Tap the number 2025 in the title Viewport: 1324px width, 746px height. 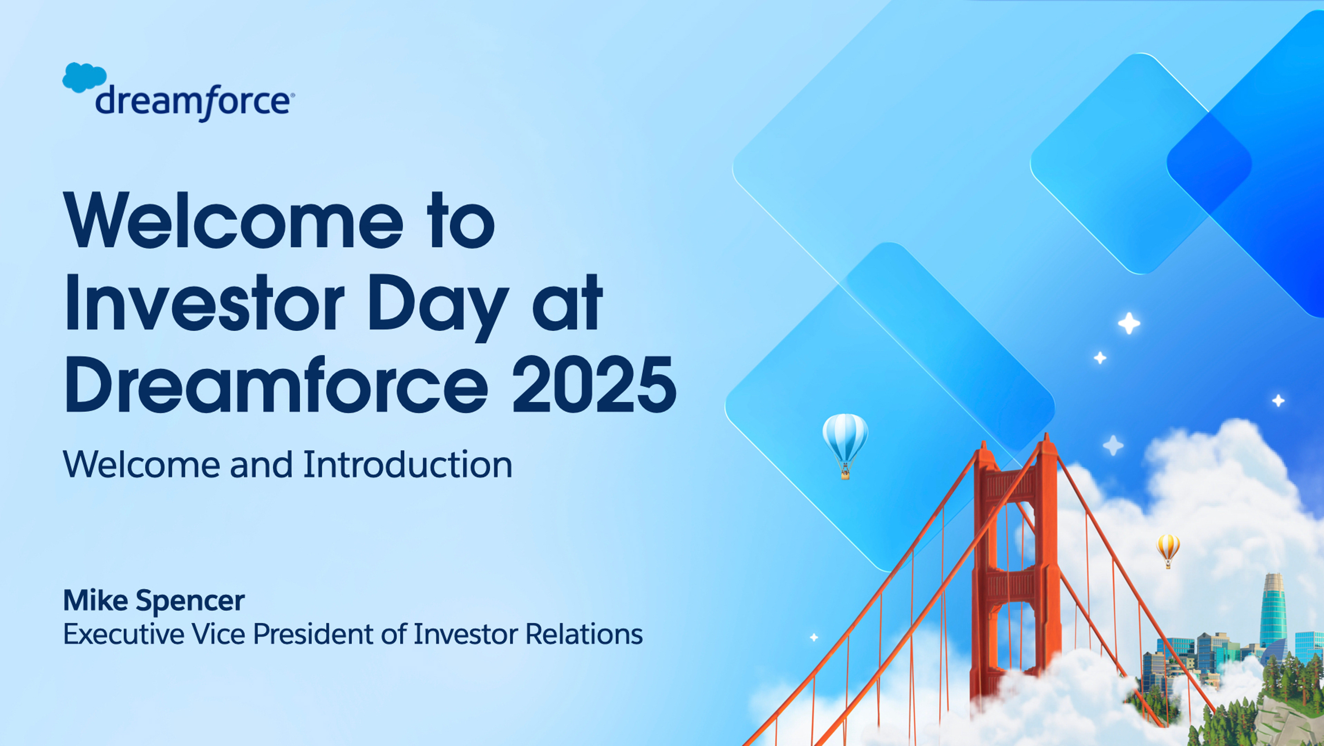594,384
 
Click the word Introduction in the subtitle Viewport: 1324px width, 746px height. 408,465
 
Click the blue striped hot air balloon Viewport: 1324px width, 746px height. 845,446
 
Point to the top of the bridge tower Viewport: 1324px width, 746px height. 1046,437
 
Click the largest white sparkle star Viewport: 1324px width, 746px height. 1129,323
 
